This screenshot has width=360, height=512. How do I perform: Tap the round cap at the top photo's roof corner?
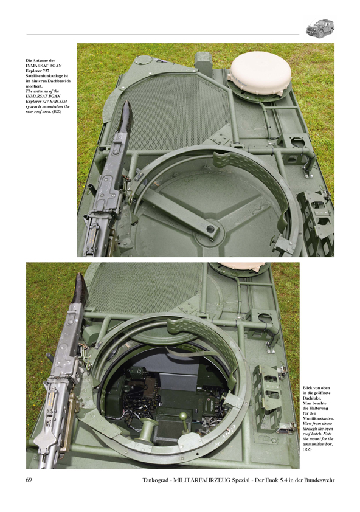pyautogui.click(x=145, y=60)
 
